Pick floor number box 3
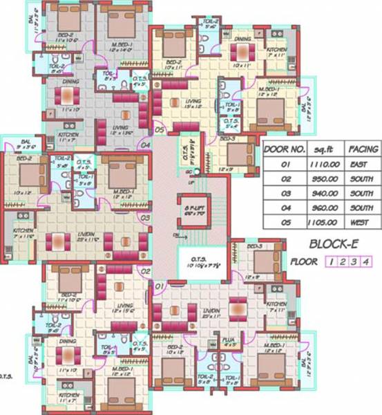point(356,261)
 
